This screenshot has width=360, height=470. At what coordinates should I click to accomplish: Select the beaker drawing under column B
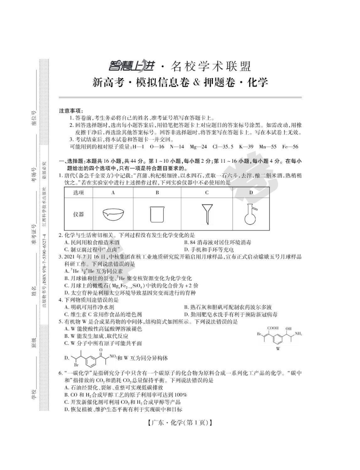157,215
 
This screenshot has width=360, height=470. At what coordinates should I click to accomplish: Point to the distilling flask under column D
251,214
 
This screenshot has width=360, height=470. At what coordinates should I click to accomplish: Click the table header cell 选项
79,192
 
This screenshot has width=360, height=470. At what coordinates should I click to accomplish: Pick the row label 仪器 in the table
79,214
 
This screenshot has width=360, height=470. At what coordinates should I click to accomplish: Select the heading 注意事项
71,111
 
